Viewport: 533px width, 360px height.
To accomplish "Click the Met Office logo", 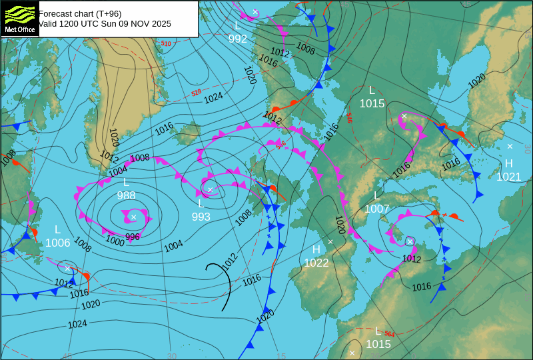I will click(x=20, y=18).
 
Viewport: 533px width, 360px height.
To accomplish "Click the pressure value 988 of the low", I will click(x=126, y=195).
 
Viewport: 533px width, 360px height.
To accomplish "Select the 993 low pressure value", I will click(x=201, y=217).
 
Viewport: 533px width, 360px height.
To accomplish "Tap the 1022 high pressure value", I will click(x=316, y=263).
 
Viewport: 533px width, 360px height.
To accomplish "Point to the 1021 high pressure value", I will click(x=509, y=177).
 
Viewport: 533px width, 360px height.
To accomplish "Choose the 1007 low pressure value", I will click(x=376, y=209).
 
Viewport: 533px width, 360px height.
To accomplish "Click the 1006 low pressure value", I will click(x=58, y=243).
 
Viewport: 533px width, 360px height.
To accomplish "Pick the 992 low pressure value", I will click(x=238, y=39).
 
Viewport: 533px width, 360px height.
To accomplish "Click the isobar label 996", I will click(x=133, y=237).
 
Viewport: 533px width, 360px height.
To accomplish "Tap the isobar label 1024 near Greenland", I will click(x=213, y=98).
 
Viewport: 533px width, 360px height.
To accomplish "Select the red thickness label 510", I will click(x=166, y=44).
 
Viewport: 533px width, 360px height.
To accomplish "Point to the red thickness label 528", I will click(x=196, y=93).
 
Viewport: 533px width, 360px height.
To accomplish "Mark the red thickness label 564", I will click(x=390, y=334).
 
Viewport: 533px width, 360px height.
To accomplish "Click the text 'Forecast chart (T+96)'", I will click(x=80, y=13).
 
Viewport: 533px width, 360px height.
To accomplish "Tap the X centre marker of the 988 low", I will click(x=133, y=217).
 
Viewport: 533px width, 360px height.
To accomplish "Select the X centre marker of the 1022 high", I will click(x=330, y=241).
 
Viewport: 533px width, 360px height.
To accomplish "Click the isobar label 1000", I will click(x=115, y=241).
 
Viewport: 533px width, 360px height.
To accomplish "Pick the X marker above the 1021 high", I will click(x=510, y=146).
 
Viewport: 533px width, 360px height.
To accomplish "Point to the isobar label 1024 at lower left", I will click(x=77, y=325).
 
